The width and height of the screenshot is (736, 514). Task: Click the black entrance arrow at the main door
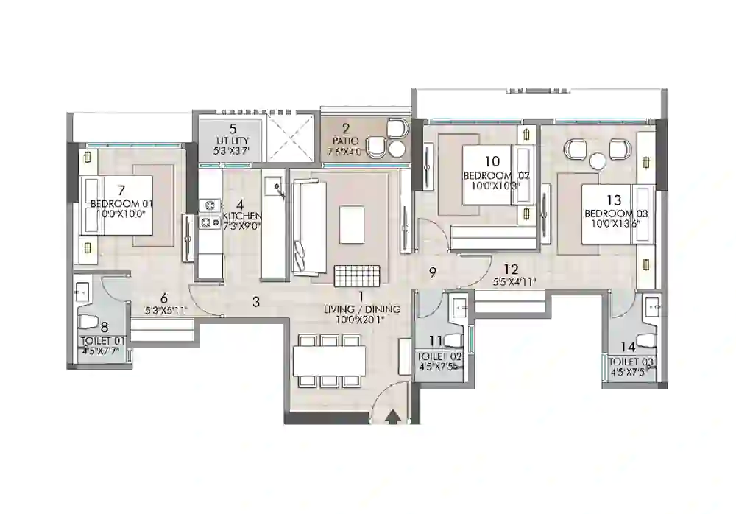[393, 417]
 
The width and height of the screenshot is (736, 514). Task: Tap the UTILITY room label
[232, 141]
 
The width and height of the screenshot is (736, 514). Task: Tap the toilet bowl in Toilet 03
[647, 339]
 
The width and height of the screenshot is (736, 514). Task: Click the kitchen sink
[276, 186]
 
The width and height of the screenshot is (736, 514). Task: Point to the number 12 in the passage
[512, 270]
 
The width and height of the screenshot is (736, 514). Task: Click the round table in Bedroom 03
[598, 161]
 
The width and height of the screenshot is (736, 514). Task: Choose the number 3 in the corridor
[256, 300]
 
